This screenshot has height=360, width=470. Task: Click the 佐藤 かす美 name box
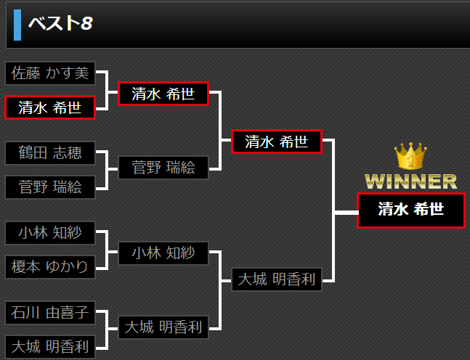click(x=50, y=73)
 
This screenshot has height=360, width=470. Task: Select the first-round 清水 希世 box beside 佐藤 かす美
click(x=50, y=108)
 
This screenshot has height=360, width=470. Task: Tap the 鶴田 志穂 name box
click(x=50, y=153)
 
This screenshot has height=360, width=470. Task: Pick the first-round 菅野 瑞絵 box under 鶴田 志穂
click(x=50, y=187)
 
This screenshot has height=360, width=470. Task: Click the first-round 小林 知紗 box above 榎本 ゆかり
click(x=50, y=233)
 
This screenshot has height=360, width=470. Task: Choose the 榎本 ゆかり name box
click(x=50, y=267)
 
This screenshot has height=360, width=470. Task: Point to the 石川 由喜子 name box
click(x=50, y=313)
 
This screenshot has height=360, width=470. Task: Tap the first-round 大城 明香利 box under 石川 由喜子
click(x=50, y=347)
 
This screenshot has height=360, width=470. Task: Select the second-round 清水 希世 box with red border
click(x=163, y=94)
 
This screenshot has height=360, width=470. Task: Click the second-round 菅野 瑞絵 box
click(x=163, y=168)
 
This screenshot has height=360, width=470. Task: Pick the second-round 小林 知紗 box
click(x=163, y=253)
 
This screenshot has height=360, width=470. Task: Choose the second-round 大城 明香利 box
click(x=163, y=327)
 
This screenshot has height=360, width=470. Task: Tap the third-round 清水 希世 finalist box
click(x=276, y=142)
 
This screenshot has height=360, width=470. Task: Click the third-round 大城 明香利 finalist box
click(x=276, y=279)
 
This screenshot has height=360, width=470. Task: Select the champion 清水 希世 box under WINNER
click(x=410, y=210)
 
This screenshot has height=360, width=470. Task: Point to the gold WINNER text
click(x=411, y=181)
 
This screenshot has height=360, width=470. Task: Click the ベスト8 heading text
click(x=60, y=23)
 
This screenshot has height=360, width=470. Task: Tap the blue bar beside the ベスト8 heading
click(x=17, y=24)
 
